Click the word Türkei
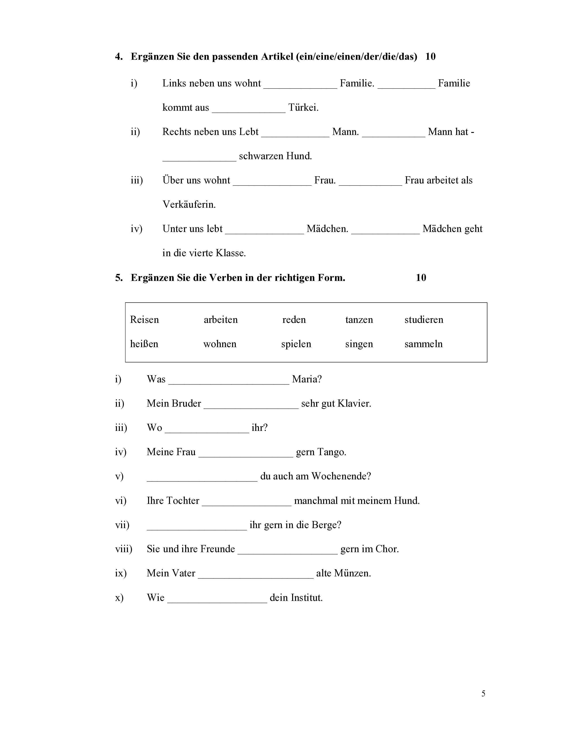[303, 108]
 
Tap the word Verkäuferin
[189, 205]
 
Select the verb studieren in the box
[424, 320]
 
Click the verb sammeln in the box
[423, 344]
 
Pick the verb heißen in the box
[144, 344]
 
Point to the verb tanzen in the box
[359, 320]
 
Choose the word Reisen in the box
[144, 320]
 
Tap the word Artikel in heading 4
[277, 56]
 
